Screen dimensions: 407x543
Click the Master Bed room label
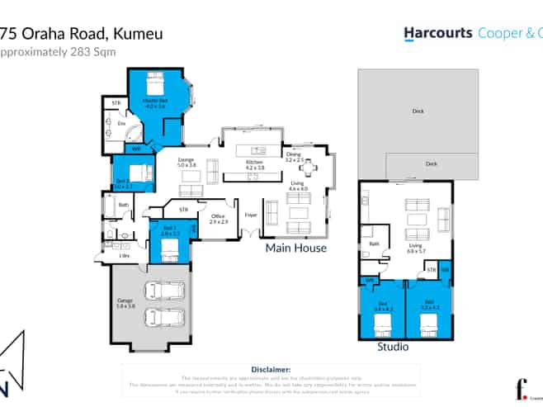coord(155,103)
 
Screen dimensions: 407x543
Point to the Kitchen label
coord(254,164)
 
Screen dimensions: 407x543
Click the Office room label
coord(218,220)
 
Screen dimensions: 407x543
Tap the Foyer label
coord(251,215)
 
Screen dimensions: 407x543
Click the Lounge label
coord(186,163)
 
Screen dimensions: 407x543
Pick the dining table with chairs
coord(308,169)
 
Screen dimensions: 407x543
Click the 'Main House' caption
coord(295,248)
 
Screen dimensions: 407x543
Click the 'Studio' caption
coord(393,347)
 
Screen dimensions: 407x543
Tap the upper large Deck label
coord(418,111)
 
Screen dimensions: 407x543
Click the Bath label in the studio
coord(373,244)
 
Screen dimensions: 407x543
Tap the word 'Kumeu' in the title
coord(135,34)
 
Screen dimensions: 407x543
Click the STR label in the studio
coord(430,269)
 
